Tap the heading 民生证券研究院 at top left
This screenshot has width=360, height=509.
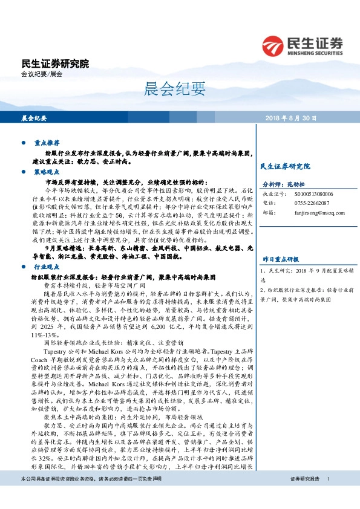54,63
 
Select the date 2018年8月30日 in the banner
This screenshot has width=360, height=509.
290,118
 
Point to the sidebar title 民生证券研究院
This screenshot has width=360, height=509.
284,166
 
